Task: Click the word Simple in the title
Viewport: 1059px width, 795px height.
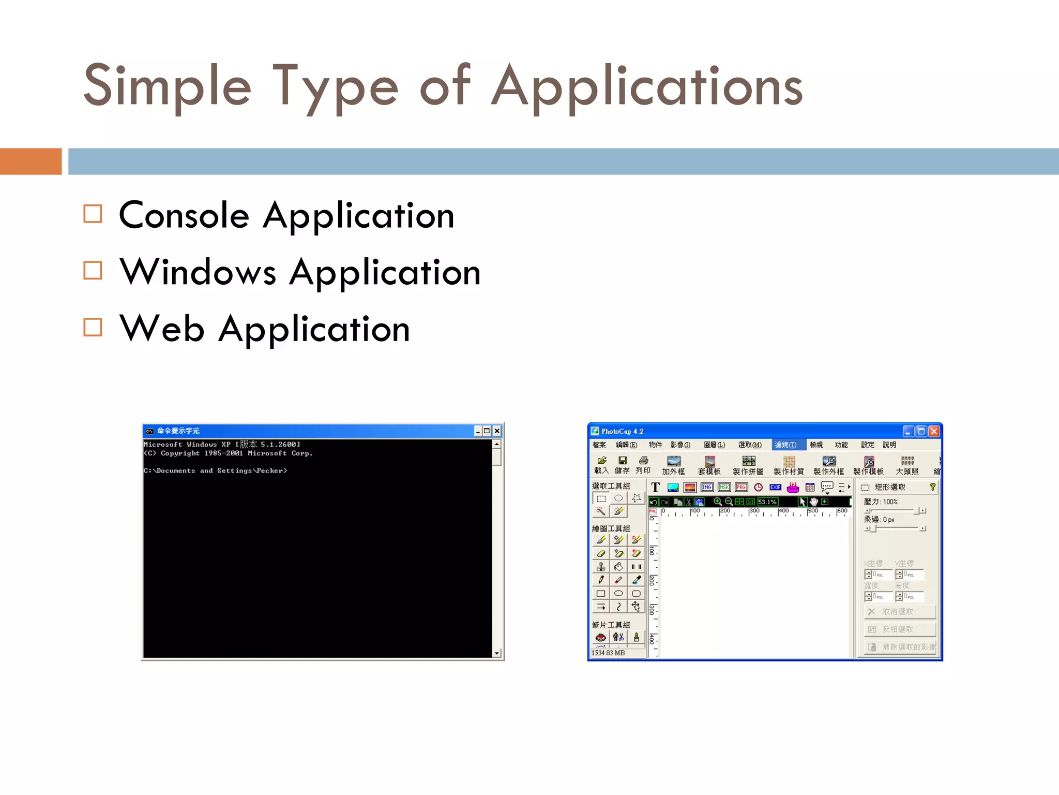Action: (167, 86)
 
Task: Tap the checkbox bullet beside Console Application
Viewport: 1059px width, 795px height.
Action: (93, 214)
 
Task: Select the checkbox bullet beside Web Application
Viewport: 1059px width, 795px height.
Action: (93, 327)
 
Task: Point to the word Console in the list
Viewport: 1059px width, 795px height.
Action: (184, 215)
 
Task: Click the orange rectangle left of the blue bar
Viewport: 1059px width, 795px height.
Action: (31, 161)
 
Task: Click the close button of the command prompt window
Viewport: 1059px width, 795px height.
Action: (497, 431)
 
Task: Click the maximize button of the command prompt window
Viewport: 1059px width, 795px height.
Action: (487, 431)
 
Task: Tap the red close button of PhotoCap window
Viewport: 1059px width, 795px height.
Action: (934, 431)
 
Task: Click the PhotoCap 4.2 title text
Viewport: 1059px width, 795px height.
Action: (622, 431)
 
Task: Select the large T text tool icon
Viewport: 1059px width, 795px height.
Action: (655, 487)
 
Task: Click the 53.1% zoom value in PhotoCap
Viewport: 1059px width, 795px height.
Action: (767, 502)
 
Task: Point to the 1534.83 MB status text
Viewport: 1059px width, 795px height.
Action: (608, 653)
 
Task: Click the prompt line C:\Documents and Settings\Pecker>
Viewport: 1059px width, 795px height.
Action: (215, 470)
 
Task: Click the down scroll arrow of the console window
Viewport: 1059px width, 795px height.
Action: (496, 653)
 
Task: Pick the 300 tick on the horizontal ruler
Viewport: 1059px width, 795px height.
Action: (754, 511)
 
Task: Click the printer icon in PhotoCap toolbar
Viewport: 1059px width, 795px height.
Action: (643, 460)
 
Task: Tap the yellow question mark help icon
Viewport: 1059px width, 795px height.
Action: (932, 487)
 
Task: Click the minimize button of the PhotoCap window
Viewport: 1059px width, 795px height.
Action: (908, 431)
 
